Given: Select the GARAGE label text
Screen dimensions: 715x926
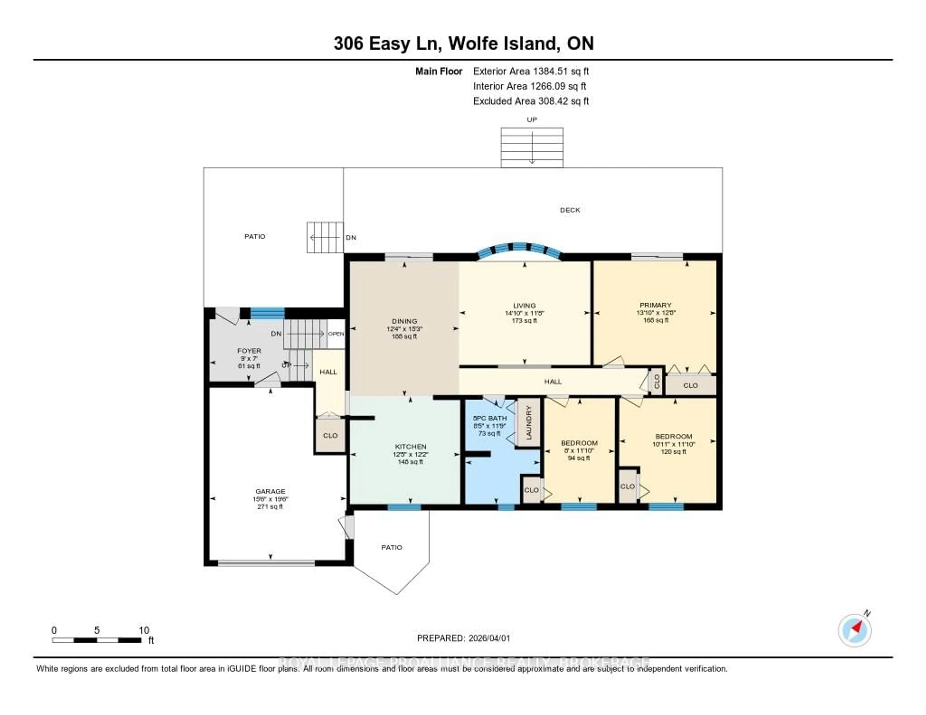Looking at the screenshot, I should pos(270,491).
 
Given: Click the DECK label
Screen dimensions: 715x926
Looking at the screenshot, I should pos(570,210).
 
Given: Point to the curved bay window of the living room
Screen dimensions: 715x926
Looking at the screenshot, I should pos(519,249).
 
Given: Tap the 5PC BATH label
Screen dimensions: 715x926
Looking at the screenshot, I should pos(490,418).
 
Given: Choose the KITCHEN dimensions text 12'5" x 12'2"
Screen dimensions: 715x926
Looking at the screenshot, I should pos(410,454).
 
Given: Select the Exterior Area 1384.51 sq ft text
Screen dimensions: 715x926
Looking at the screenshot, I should pos(531,71).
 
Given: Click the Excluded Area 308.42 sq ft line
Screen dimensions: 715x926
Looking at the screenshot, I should pos(531,101).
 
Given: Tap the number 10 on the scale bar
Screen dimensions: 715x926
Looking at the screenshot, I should pos(144,630).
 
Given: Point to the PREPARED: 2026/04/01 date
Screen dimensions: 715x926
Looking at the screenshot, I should pos(463,638).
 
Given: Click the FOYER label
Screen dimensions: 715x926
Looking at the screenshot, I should pos(249,351).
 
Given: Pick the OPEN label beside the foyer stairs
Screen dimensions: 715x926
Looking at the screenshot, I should pos(336,334).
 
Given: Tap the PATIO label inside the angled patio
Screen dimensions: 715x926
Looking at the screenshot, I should pos(391,547).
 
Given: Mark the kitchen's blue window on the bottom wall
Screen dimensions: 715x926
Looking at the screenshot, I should pos(404,507).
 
